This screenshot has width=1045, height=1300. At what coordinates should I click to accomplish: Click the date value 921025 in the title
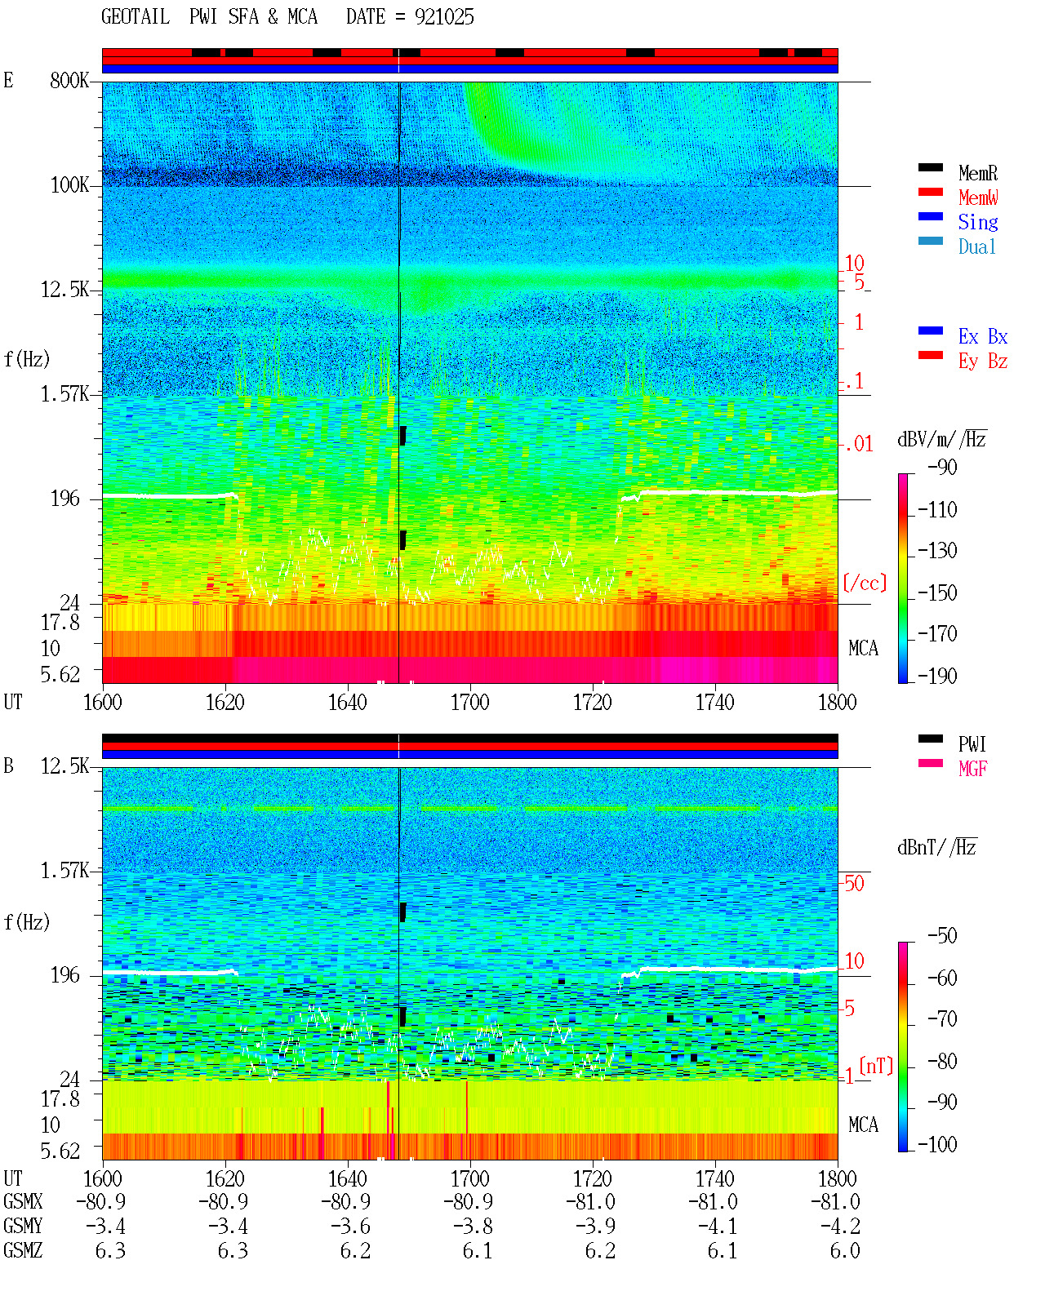[444, 17]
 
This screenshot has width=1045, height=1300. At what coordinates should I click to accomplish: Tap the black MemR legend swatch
[930, 167]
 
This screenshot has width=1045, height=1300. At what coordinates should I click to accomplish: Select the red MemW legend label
[978, 197]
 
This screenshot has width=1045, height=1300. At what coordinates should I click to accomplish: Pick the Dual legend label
[977, 246]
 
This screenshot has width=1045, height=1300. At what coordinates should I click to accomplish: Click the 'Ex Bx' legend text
[983, 336]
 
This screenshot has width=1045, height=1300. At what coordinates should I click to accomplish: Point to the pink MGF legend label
[972, 769]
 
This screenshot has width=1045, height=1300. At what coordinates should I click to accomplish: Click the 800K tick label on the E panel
[69, 80]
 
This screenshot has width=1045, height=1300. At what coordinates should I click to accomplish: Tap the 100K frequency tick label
[69, 185]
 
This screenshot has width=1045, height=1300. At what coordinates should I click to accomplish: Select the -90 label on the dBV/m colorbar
[942, 467]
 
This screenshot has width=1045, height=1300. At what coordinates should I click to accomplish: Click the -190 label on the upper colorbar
[937, 676]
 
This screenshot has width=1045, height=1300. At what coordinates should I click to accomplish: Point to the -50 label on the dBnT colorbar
[942, 936]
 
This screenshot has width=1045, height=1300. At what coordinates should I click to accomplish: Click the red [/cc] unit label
[865, 583]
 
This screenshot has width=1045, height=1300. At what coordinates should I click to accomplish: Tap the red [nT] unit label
[876, 1066]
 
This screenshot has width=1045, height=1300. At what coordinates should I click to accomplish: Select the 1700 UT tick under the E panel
[469, 703]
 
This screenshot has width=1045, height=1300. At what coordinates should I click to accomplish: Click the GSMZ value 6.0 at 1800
[845, 1250]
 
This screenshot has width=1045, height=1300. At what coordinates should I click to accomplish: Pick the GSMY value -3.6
[350, 1227]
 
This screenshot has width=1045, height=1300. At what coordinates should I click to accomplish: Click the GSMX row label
[23, 1201]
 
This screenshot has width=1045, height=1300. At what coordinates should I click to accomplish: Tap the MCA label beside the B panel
[863, 1125]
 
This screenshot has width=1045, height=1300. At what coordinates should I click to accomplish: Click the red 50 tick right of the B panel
[854, 884]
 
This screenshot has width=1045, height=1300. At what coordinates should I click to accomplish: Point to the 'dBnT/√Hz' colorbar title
[936, 848]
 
